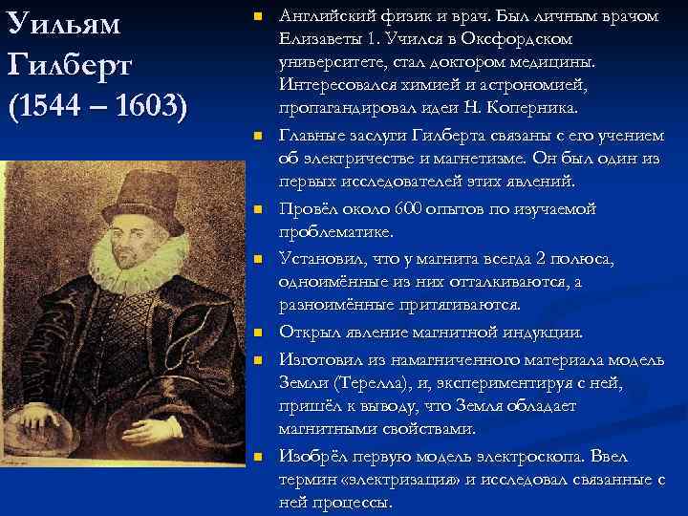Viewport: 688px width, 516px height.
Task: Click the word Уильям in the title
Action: (64, 26)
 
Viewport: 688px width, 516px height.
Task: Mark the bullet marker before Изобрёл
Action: (255, 456)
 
